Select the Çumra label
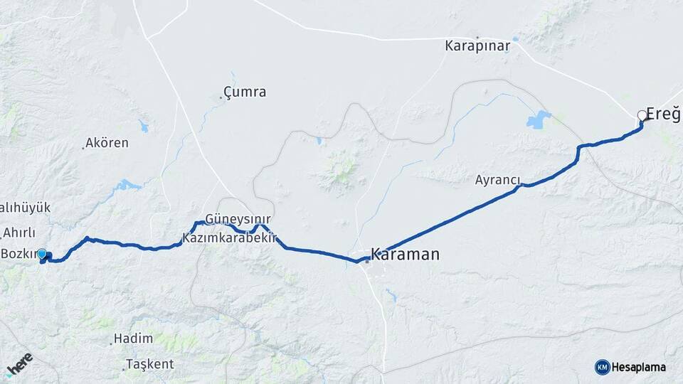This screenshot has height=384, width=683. pyautogui.click(x=245, y=92)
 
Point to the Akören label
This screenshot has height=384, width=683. pyautogui.click(x=107, y=143)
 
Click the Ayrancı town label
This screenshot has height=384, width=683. pyautogui.click(x=499, y=180)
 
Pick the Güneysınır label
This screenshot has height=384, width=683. pyautogui.click(x=238, y=219)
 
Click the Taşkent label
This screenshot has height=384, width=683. pyautogui.click(x=149, y=364)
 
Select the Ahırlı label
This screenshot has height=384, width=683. pyautogui.click(x=19, y=232)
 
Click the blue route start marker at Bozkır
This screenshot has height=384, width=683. pyautogui.click(x=42, y=254)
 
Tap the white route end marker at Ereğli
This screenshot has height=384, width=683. pyautogui.click(x=642, y=115)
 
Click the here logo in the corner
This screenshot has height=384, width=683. pyautogui.click(x=19, y=364)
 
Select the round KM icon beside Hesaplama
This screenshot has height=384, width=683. pyautogui.click(x=602, y=367)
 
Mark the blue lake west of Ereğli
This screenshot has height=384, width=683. pyautogui.click(x=539, y=119)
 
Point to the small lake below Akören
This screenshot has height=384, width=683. pyautogui.click(x=129, y=185)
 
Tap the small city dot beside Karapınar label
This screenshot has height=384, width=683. pyautogui.click(x=477, y=37)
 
